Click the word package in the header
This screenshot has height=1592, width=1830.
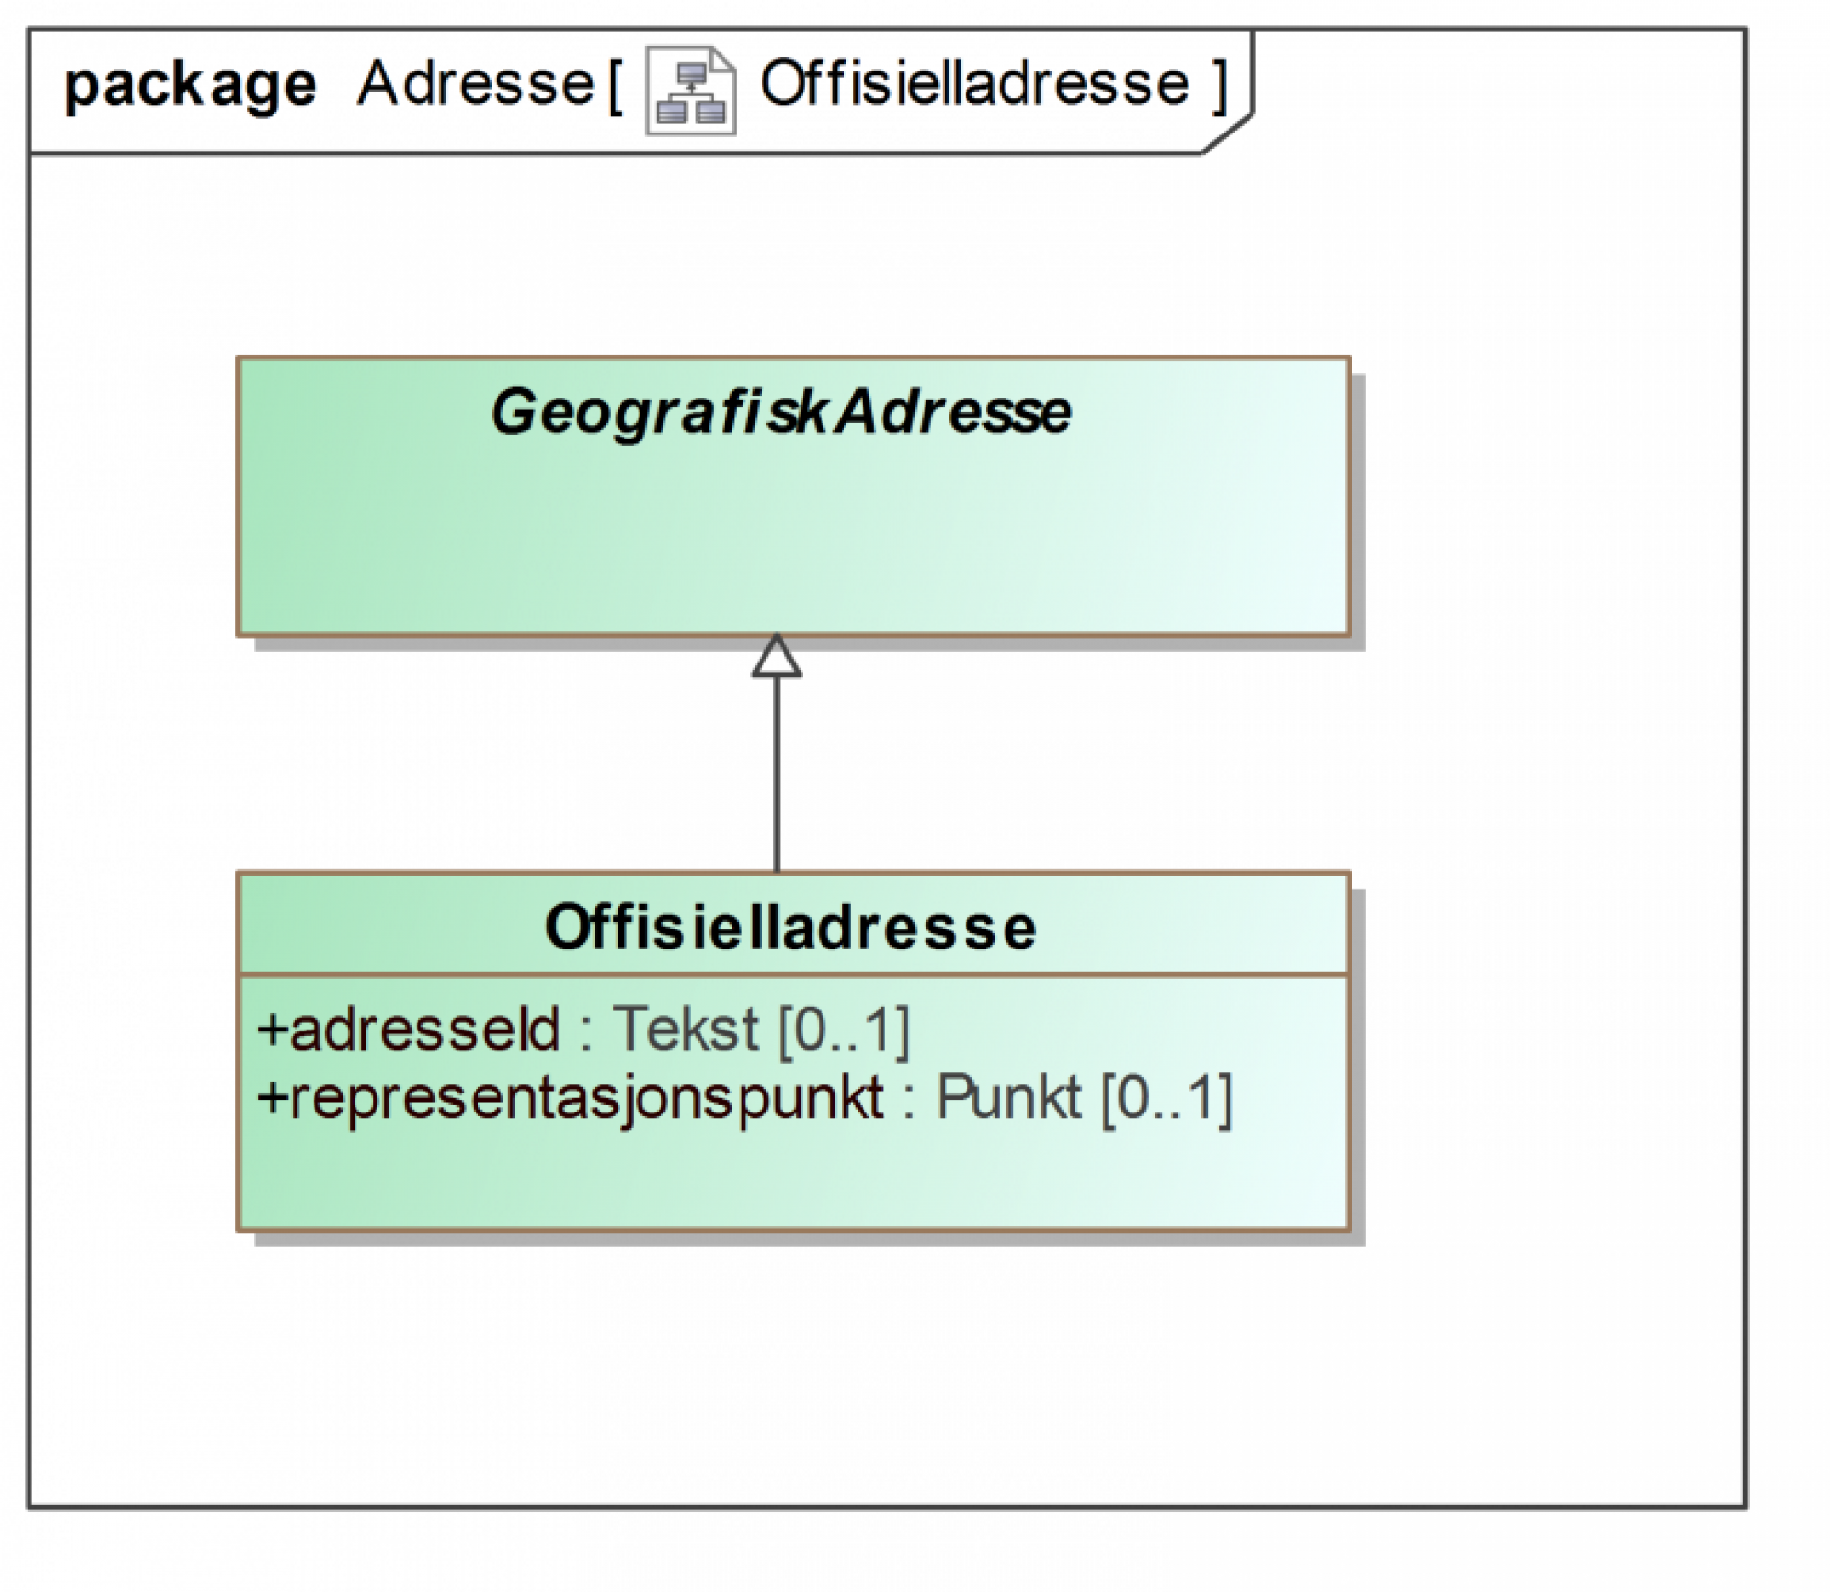190,87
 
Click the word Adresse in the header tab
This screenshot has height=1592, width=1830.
477,84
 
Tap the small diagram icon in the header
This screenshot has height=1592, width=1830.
691,91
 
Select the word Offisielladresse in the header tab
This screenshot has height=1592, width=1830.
974,84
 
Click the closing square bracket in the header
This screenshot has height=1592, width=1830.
1219,86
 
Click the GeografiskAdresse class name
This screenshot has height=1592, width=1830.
781,412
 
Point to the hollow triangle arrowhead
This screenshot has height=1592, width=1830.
776,657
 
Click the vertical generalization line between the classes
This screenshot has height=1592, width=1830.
776,772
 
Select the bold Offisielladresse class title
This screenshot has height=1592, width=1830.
790,927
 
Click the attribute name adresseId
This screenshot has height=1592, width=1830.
424,1029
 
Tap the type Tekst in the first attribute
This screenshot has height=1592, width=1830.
685,1029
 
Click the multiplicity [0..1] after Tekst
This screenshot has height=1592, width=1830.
844,1030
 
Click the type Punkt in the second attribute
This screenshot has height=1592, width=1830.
1007,1097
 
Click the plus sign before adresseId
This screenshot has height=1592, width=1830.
273,1030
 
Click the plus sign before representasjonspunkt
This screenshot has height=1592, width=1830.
273,1098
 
